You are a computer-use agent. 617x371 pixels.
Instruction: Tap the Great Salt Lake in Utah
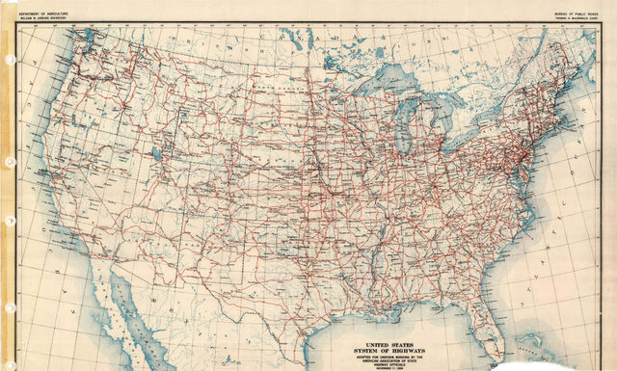coord(155,153)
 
